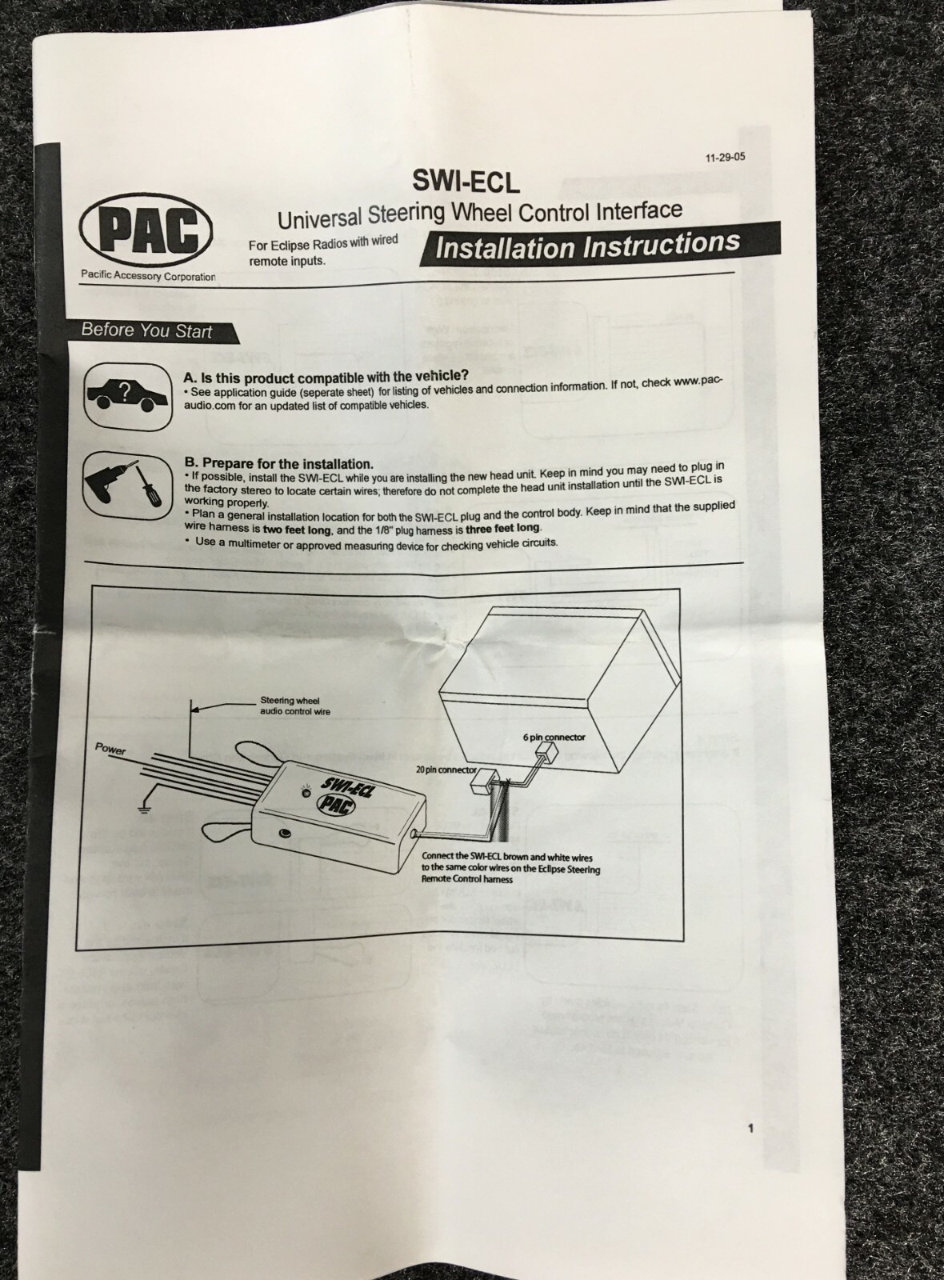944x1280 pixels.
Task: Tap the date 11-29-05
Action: pos(725,158)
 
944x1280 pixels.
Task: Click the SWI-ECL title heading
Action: pos(466,182)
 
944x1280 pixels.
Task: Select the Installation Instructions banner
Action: pos(587,245)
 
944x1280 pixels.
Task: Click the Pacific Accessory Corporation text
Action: pos(148,276)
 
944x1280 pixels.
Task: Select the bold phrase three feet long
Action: pos(502,528)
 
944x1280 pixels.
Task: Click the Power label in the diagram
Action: pos(110,749)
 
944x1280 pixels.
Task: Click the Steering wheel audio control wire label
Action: pos(295,706)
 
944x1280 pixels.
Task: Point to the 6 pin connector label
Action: pos(554,738)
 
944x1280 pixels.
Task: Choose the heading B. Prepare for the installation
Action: pos(278,463)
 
